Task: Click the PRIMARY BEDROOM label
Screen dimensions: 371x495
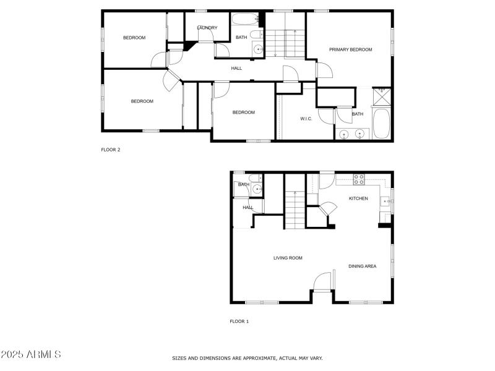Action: (350, 49)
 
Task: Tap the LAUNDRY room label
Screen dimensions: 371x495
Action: (207, 28)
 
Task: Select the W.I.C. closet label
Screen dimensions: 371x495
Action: (306, 119)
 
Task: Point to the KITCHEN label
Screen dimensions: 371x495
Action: (358, 198)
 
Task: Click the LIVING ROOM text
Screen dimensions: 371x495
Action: (288, 258)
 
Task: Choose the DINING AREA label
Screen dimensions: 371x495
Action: (362, 267)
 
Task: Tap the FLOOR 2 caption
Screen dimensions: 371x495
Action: (111, 149)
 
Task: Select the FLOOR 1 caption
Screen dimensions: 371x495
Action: (239, 322)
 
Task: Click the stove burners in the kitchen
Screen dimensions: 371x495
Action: (358, 179)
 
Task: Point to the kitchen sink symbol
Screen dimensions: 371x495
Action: (385, 200)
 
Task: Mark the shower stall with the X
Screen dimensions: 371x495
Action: (382, 97)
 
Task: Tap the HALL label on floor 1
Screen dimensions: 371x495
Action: (247, 208)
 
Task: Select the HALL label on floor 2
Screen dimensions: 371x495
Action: (236, 68)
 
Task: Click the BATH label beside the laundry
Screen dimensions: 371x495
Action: (241, 38)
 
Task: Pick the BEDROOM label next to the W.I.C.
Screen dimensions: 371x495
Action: (243, 113)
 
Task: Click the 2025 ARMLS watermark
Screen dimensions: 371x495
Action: (31, 355)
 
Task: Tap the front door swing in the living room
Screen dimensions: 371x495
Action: (322, 282)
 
